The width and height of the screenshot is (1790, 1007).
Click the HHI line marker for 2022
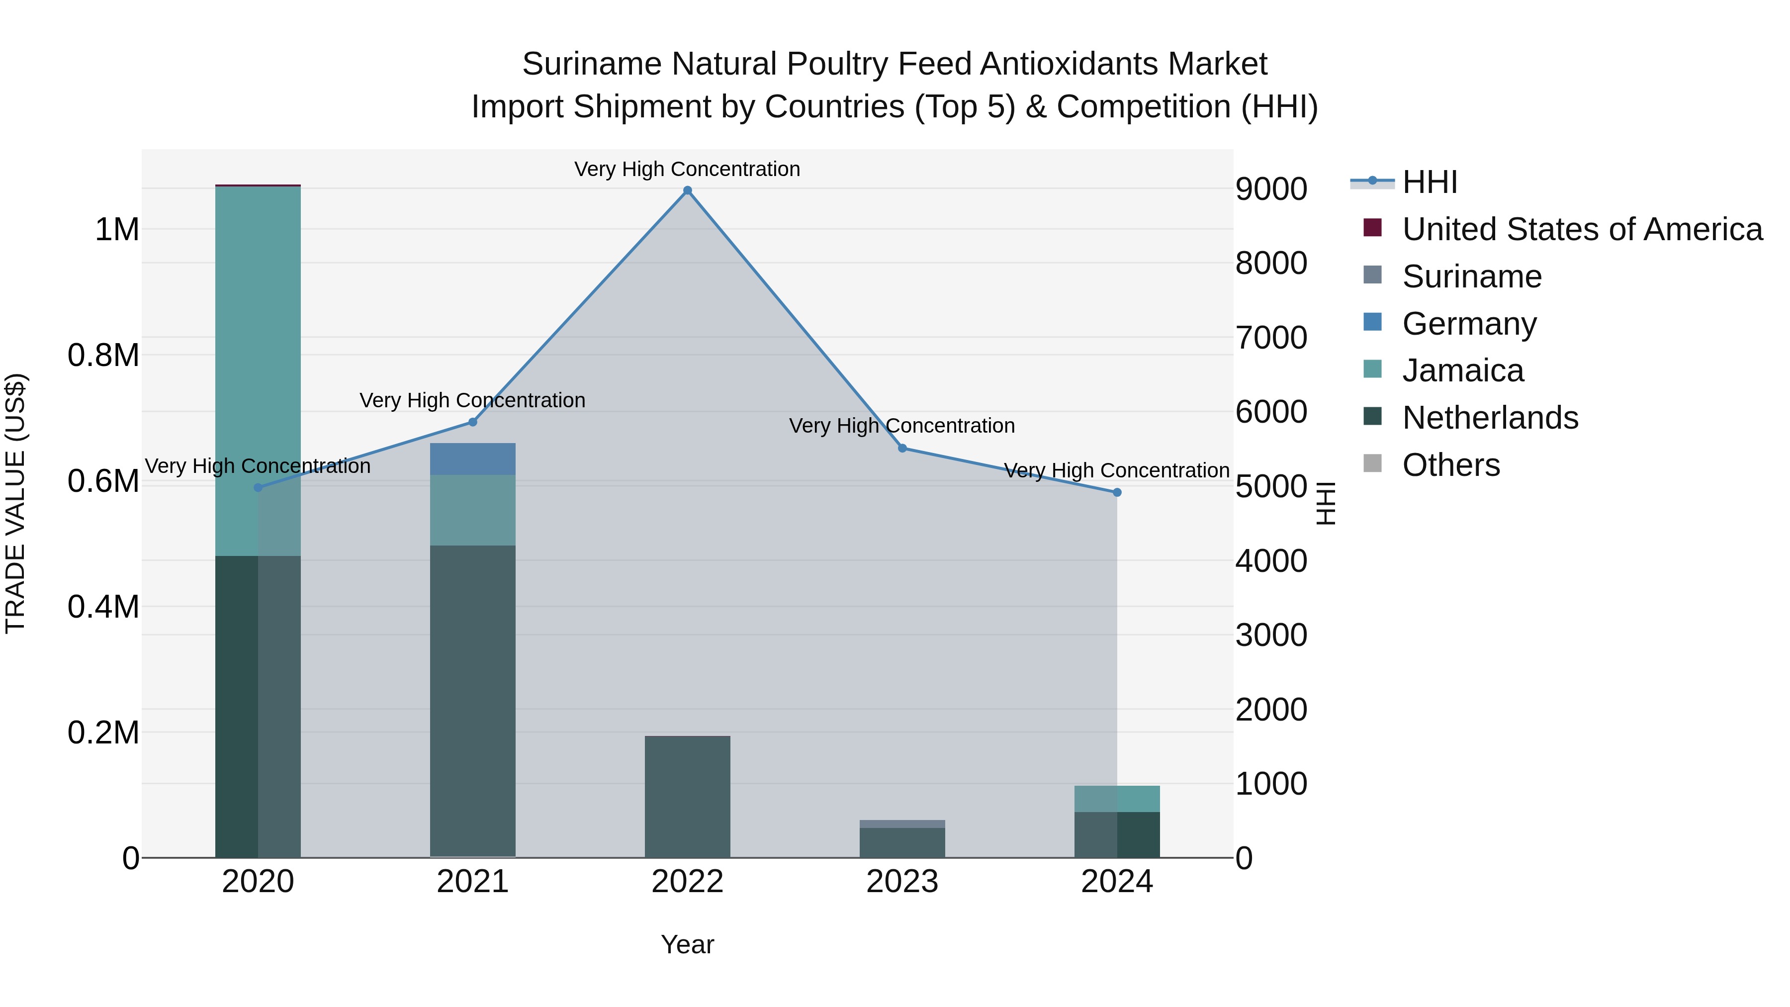click(x=687, y=190)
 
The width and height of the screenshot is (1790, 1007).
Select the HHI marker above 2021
click(x=472, y=422)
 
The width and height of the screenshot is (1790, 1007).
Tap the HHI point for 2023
click(x=902, y=448)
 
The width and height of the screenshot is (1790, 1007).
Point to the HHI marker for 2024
click(x=1117, y=493)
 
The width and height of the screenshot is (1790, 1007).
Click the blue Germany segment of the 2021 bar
click(x=472, y=458)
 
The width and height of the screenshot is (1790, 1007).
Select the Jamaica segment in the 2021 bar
click(x=472, y=510)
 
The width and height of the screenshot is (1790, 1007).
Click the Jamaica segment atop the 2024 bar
click(x=1117, y=799)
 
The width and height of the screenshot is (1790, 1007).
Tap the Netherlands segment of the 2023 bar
click(x=902, y=842)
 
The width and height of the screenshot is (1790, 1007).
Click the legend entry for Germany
click(x=1469, y=324)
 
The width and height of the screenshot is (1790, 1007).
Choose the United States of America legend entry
click(x=1582, y=229)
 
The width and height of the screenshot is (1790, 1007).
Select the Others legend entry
click(x=1450, y=465)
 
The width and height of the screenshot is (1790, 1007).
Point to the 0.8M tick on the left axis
click(x=103, y=355)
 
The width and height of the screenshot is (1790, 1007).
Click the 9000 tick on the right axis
click(x=1271, y=189)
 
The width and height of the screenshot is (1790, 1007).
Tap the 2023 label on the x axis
click(x=902, y=882)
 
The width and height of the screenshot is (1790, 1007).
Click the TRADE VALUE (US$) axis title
click(x=15, y=503)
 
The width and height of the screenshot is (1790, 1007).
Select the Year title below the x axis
click(x=687, y=944)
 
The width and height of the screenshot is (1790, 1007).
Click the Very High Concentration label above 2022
click(x=687, y=169)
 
